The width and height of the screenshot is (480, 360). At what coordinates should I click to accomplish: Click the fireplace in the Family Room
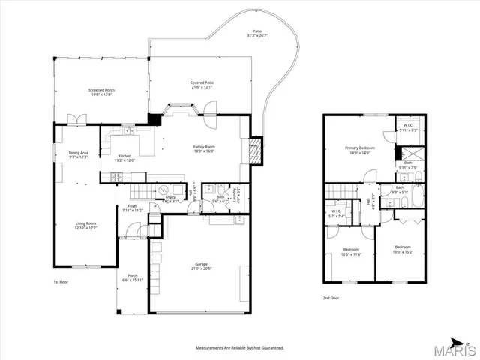[256, 151]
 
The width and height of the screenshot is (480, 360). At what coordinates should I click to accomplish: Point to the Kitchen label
[124, 158]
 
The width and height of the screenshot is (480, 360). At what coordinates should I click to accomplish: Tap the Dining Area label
[79, 155]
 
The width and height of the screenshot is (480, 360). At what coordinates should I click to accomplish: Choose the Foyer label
[132, 208]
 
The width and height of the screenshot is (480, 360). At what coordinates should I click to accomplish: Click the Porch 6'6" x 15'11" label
[132, 277]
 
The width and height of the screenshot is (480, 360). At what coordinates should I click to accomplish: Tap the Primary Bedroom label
[360, 151]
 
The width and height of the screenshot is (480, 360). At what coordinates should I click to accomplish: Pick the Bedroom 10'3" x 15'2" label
[403, 249]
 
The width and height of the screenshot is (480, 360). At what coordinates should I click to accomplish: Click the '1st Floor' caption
[61, 282]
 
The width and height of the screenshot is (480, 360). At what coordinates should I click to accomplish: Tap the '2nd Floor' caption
[331, 298]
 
